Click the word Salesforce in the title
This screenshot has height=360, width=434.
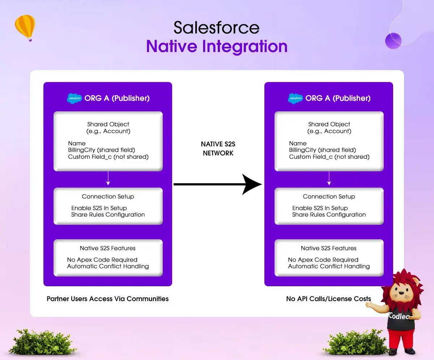(216, 28)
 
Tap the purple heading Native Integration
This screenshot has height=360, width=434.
(217, 47)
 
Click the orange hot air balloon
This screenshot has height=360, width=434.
(25, 27)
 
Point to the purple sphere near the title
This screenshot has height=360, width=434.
(393, 41)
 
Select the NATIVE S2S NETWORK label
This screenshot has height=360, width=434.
(218, 149)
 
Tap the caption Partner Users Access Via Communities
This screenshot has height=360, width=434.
(108, 299)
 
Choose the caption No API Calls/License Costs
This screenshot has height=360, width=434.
(328, 299)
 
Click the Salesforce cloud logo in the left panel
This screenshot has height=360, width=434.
(75, 98)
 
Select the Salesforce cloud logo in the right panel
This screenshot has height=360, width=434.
(295, 98)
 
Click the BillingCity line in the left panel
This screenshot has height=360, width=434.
(101, 150)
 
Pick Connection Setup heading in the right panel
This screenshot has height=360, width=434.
(329, 197)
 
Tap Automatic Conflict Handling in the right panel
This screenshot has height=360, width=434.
(329, 266)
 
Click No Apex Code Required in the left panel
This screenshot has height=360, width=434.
(102, 260)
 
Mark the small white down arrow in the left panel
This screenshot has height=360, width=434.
(108, 179)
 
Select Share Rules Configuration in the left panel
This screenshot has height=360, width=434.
(108, 215)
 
